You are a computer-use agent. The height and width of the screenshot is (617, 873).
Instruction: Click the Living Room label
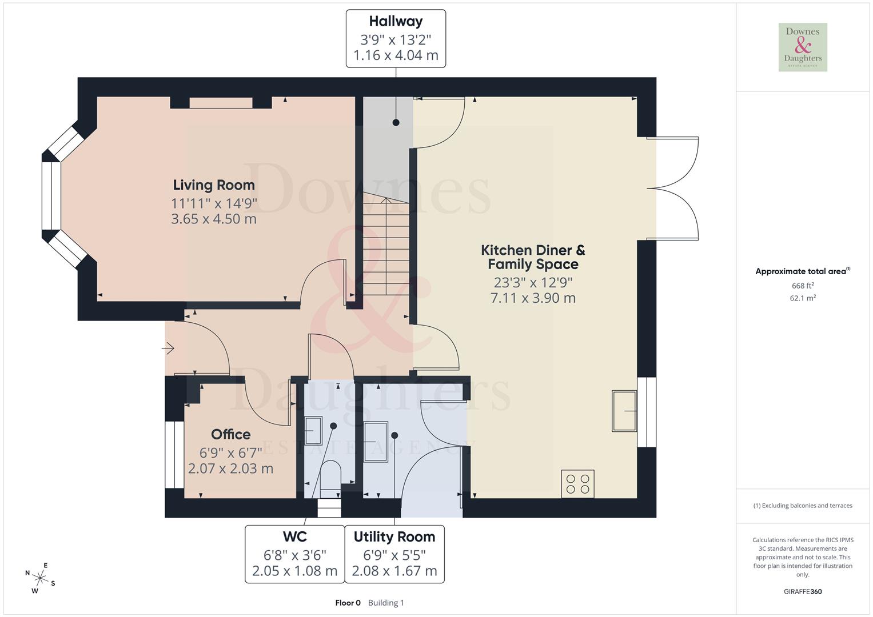(214, 185)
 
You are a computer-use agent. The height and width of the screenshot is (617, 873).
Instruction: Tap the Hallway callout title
(396, 22)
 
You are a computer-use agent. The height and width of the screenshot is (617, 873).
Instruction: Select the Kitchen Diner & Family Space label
(533, 257)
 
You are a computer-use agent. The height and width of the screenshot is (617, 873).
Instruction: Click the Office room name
(231, 435)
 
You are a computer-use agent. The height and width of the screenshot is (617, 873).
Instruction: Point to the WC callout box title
(295, 537)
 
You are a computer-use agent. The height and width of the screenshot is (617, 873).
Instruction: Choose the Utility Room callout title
(394, 537)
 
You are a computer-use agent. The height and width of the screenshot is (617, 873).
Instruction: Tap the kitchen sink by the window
(624, 411)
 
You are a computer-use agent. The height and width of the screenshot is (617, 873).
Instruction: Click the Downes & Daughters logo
(803, 47)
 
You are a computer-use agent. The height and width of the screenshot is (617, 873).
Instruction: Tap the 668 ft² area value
(803, 286)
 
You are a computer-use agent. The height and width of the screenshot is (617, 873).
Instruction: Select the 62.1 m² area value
(803, 298)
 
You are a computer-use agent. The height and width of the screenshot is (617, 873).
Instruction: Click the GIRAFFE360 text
(803, 591)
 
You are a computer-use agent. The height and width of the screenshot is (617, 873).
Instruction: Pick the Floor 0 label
(348, 603)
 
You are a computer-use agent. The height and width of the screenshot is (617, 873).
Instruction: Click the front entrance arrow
(168, 347)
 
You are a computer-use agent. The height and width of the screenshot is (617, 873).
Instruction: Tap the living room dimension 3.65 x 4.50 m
(214, 219)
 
